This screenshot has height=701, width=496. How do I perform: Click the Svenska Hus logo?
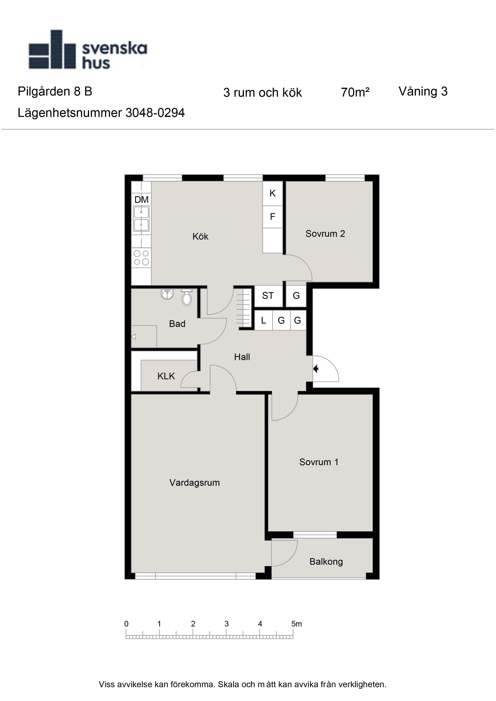(88, 50)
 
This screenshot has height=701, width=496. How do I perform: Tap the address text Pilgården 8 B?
(55, 91)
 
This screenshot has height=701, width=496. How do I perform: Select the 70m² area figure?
(355, 92)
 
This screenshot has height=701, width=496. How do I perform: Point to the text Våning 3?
(423, 91)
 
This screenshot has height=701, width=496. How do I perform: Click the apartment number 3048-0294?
(155, 113)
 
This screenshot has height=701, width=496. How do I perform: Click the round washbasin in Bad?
(167, 294)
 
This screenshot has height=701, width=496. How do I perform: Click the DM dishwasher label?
(141, 200)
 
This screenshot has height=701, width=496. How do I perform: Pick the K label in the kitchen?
(273, 193)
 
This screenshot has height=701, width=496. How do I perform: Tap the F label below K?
(273, 217)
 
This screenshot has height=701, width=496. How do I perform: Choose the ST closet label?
(268, 296)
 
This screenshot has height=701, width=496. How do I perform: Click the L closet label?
(264, 321)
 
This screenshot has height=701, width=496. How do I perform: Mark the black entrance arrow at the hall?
(316, 369)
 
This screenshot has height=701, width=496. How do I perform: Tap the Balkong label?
(326, 562)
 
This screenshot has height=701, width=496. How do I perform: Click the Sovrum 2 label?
(325, 234)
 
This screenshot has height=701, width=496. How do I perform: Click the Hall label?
(242, 357)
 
